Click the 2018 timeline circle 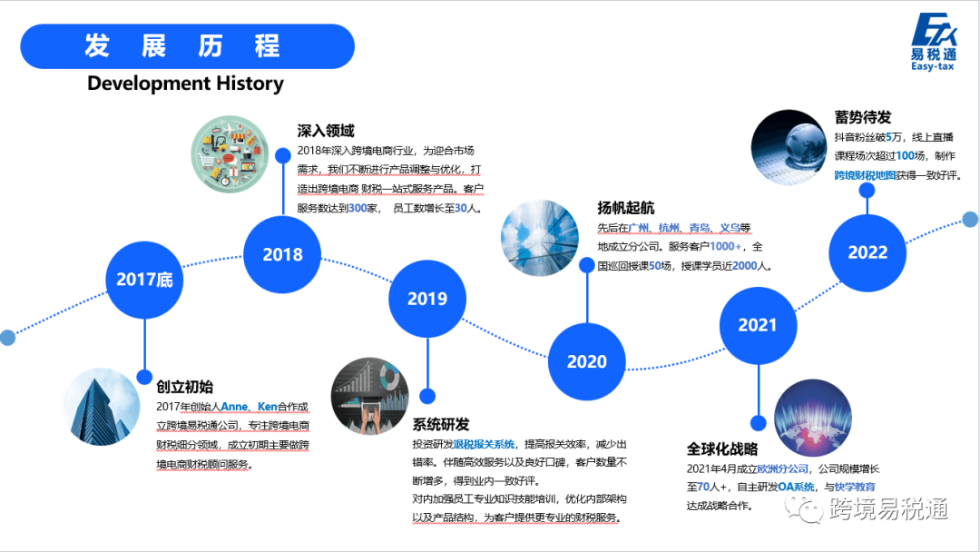[282, 255]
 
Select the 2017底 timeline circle [144, 280]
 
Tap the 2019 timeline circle [427, 299]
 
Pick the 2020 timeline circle [587, 361]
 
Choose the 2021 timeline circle [758, 325]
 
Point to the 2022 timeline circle [867, 252]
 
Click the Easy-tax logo [934, 43]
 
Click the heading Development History [185, 84]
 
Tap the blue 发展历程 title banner [187, 46]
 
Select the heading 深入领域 [326, 132]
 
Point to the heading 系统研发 [441, 424]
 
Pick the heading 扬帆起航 [625, 208]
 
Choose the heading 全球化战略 [722, 448]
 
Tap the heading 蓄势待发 [863, 118]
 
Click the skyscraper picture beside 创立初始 [100, 407]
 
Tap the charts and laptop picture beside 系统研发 [369, 396]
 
